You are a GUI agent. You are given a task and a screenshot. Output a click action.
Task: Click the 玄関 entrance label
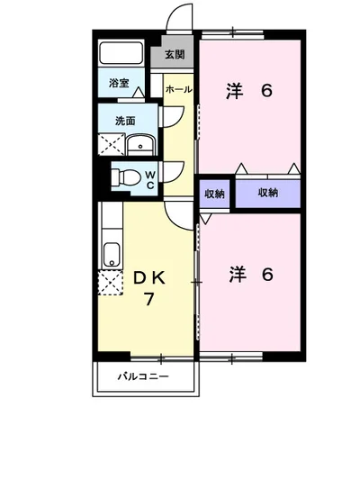pos(175,55)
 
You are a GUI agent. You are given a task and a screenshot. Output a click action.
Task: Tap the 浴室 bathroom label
pos(119,83)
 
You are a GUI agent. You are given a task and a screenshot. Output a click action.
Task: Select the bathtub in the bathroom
pos(121,53)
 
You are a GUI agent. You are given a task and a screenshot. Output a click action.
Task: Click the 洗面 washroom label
pos(125,121)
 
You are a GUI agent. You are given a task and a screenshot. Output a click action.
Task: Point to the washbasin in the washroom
pos(141,145)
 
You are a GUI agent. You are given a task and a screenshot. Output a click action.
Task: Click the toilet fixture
pos(125,177)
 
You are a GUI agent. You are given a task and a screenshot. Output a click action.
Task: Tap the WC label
pos(150,180)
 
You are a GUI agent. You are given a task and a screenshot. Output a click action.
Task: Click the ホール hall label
pos(179,89)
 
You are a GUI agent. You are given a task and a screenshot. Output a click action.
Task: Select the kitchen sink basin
pos(112,254)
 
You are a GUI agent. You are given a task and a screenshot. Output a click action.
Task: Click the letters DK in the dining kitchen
pos(149,278)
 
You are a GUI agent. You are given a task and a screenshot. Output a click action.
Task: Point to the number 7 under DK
pos(149,299)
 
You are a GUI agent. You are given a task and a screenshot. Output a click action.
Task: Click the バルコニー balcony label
pos(143,376)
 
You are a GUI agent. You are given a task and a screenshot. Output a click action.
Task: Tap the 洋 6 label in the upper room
pos(249,91)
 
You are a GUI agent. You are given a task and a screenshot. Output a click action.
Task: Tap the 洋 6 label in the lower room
pos(251,275)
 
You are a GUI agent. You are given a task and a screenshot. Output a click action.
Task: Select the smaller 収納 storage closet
pos(214,194)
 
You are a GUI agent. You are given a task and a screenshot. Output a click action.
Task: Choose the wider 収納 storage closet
pos(268,193)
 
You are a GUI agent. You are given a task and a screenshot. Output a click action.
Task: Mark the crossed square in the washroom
pos(112,144)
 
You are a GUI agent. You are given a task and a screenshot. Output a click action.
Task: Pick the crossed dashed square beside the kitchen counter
pos(110,283)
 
